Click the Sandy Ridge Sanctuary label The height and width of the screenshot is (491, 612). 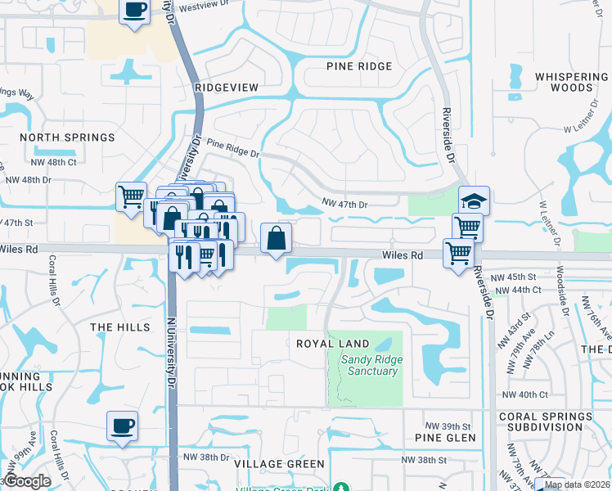(369, 365)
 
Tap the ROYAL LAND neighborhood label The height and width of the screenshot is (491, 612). (332, 344)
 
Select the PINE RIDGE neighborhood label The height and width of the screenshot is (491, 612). (359, 66)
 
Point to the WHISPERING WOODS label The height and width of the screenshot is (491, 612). (571, 82)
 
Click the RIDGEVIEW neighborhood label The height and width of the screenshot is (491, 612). (227, 87)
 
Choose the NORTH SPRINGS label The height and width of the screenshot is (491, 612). (67, 137)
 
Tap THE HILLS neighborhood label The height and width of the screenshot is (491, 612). (120, 327)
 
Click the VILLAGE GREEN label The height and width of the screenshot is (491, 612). (268, 464)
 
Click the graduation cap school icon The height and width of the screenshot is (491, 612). (473, 200)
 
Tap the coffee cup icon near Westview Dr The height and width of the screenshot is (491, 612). (135, 11)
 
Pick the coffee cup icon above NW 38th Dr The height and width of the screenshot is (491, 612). (122, 426)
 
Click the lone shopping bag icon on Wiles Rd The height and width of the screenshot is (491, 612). (277, 238)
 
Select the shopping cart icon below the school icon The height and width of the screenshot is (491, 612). (467, 227)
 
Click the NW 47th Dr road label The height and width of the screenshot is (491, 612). (345, 203)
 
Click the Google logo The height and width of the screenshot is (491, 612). (28, 481)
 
